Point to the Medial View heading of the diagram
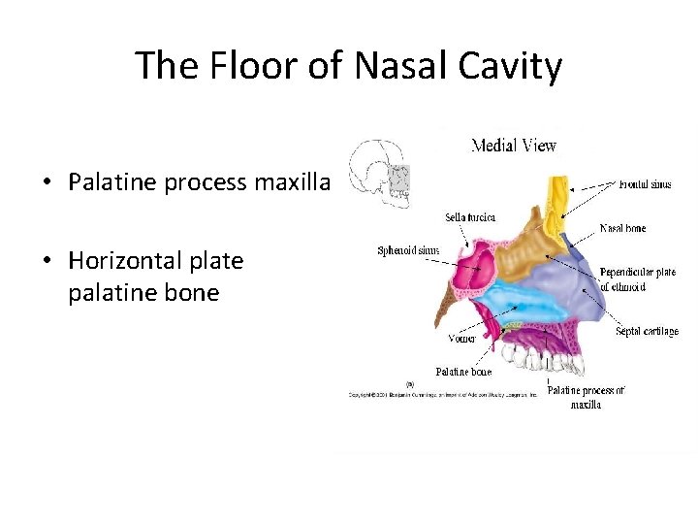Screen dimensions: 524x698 coord(513,146)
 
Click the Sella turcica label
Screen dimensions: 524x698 coord(470,217)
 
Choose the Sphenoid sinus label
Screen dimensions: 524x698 coord(408,250)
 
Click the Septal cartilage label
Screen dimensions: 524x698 coord(647,331)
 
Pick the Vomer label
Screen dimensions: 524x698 coord(461,339)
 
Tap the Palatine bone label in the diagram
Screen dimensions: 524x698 coord(462,372)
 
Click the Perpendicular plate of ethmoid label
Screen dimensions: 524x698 coord(637,278)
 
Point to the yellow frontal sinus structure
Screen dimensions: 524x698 coord(557,199)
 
